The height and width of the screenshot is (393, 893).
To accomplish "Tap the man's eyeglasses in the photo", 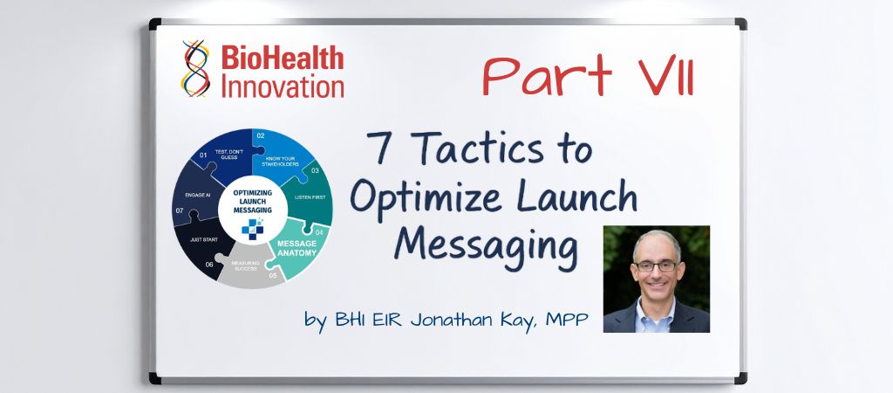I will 656,265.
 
